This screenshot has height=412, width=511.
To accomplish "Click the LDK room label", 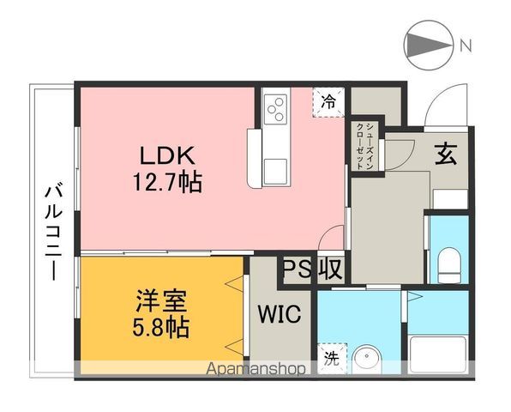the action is click(x=167, y=155).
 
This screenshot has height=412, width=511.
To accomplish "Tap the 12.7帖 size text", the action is click(x=167, y=182).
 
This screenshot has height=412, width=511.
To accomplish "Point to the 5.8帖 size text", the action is click(x=161, y=327).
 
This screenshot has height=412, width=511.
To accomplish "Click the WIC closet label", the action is click(x=280, y=313).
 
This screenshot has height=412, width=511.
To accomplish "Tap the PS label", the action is click(x=298, y=270).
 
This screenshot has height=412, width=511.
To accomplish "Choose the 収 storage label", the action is click(x=330, y=270).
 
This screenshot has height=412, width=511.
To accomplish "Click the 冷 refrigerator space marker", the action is click(x=328, y=102).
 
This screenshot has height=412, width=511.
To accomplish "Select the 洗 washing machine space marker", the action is click(x=332, y=359).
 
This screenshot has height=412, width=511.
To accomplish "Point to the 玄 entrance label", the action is click(x=446, y=154).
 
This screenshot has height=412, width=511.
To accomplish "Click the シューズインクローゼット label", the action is click(x=365, y=146).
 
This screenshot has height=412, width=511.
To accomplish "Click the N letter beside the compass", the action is click(x=466, y=45).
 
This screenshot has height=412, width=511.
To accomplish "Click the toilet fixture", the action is click(x=449, y=265).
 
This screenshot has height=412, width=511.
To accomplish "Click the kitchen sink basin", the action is click(x=275, y=172).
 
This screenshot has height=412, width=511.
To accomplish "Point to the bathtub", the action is click(x=438, y=354).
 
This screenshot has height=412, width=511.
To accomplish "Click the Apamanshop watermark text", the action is click(x=256, y=369).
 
